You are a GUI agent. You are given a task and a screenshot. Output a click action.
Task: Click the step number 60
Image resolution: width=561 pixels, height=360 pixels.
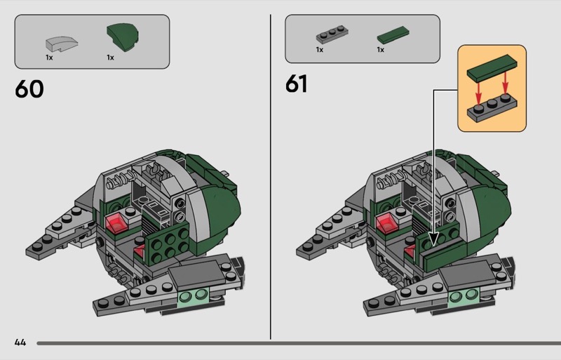(29, 90)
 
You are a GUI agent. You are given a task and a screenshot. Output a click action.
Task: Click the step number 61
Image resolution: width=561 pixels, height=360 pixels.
(296, 84)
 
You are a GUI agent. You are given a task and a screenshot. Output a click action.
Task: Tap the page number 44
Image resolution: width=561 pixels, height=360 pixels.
(20, 342)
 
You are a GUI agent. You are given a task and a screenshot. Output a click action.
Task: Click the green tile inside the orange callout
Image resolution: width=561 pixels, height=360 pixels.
(490, 72)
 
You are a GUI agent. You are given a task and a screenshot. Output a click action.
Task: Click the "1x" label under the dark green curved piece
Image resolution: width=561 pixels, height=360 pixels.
(110, 58)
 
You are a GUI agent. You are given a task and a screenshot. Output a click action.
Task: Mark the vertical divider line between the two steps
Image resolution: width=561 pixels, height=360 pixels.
(271, 175)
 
